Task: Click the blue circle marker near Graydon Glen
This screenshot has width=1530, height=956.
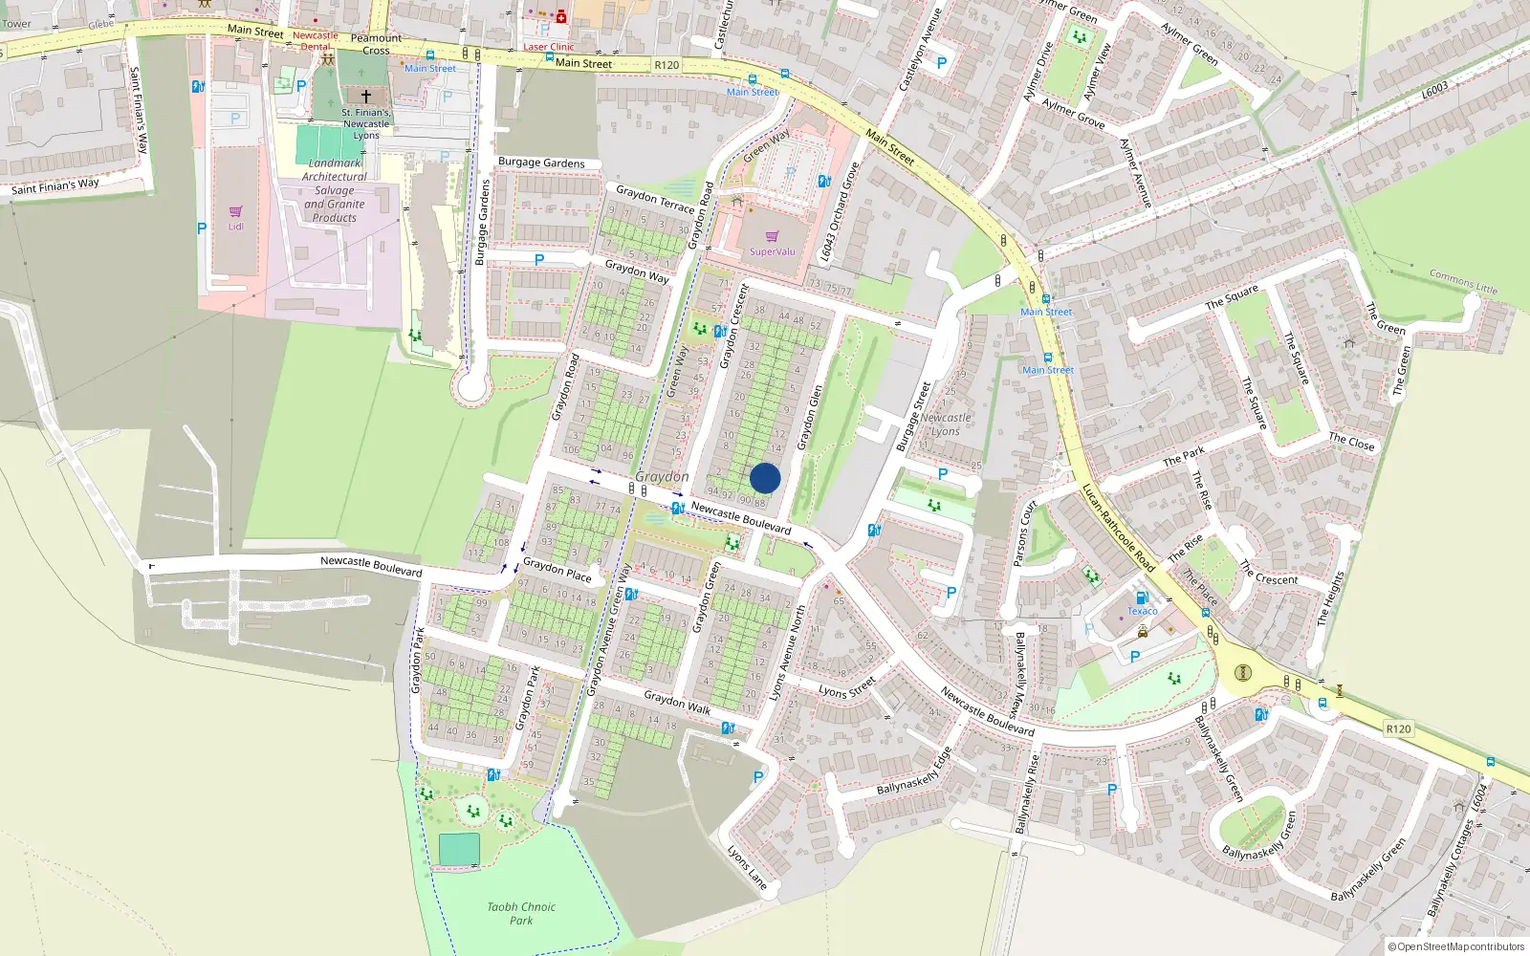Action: point(765,478)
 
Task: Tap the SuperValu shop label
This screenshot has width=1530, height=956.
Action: point(772,251)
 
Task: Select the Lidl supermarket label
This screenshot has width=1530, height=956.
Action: point(235,227)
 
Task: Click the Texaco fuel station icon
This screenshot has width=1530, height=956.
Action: point(1142,598)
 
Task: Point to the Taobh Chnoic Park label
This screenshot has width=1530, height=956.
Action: point(521,913)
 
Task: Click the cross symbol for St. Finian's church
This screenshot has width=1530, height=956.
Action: point(365,97)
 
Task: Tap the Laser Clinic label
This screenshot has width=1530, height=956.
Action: point(549,46)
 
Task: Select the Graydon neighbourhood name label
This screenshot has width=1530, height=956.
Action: point(662,476)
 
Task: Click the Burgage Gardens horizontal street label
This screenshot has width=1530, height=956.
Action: point(541,163)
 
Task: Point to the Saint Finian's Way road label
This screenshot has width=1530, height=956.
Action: point(55,185)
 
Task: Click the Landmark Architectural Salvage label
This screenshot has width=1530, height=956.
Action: point(335,190)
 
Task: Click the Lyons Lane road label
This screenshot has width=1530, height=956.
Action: point(747,867)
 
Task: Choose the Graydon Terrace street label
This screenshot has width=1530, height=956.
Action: point(655,199)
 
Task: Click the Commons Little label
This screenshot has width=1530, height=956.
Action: point(1463,281)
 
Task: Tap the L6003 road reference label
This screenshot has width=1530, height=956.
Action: point(1434,89)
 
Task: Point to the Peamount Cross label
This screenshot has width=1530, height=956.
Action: point(376,44)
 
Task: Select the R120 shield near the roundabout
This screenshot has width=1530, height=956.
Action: point(1398,728)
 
